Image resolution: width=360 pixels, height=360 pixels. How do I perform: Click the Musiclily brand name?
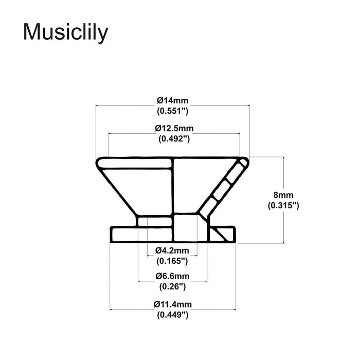pyautogui.click(x=66, y=32)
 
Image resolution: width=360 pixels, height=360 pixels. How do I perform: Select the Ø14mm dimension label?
pyautogui.click(x=172, y=100)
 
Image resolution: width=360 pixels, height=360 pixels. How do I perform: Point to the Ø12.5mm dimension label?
pyautogui.click(x=174, y=128)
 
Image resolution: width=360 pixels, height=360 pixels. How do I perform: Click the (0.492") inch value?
pyautogui.click(x=174, y=138)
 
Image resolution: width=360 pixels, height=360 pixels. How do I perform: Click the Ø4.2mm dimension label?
pyautogui.click(x=172, y=250)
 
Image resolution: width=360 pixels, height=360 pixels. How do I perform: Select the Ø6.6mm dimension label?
pyautogui.click(x=172, y=276)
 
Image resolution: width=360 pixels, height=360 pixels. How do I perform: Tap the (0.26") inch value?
pyautogui.click(x=172, y=286)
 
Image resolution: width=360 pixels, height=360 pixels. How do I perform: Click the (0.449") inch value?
pyautogui.click(x=172, y=315)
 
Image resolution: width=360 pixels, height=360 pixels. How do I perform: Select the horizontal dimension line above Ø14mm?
pyautogui.click(x=129, y=106)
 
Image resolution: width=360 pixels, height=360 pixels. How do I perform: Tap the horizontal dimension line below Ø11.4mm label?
pyautogui.click(x=134, y=310)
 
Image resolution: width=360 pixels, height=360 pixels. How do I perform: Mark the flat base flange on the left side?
pyautogui.click(x=123, y=234)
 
